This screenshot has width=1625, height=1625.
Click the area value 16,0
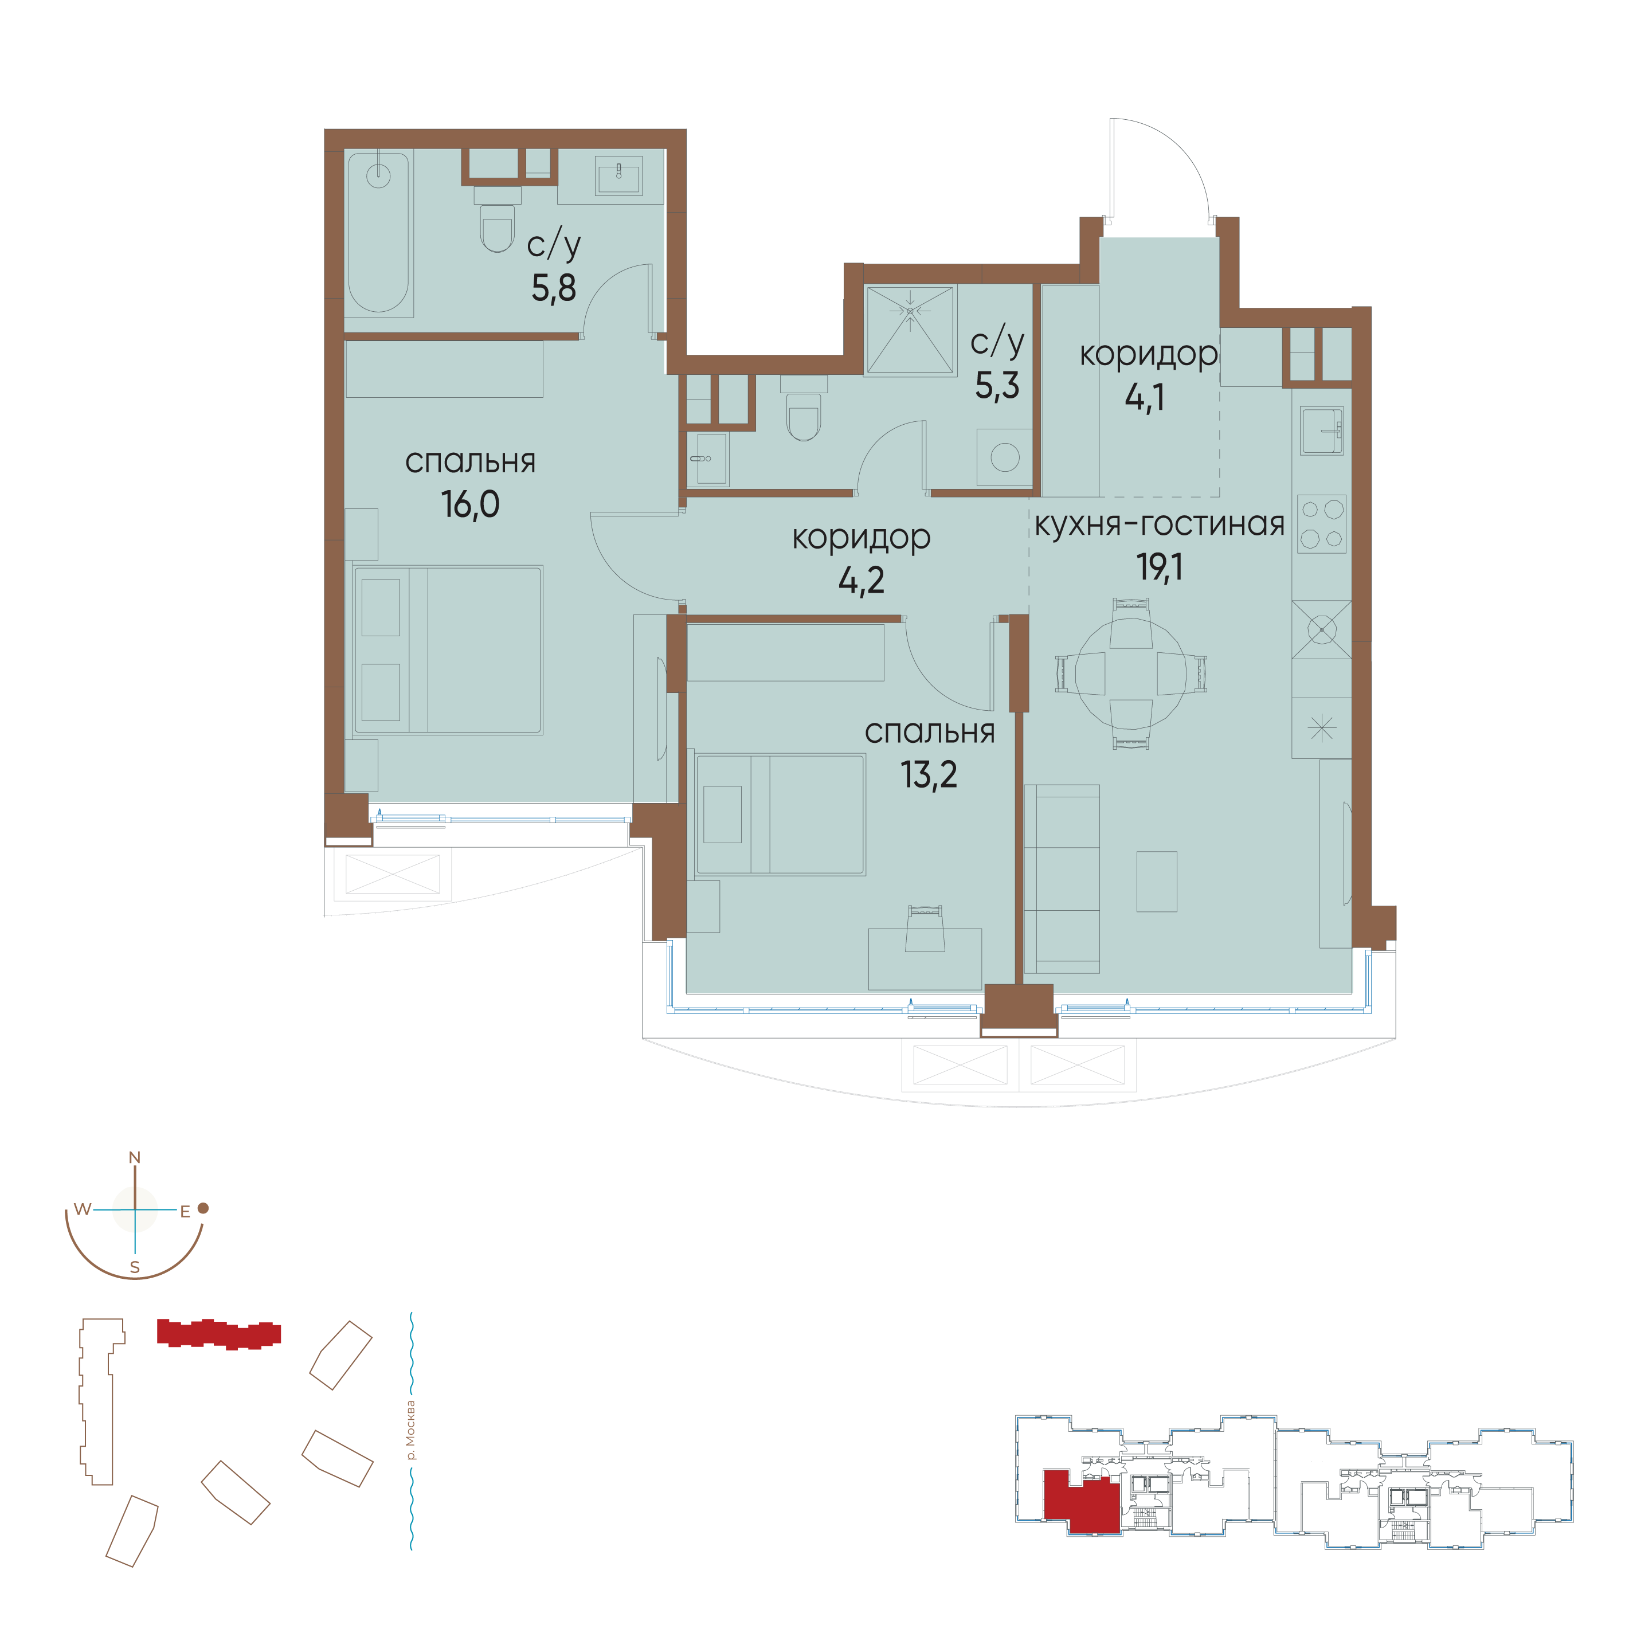pyautogui.click(x=470, y=504)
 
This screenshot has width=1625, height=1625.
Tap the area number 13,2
pyautogui.click(x=929, y=774)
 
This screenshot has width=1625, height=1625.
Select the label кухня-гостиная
pyautogui.click(x=1159, y=524)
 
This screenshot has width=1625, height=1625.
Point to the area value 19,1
pyautogui.click(x=1159, y=567)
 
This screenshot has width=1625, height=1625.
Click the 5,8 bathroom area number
pyautogui.click(x=554, y=288)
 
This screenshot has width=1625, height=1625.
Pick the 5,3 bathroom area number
pyautogui.click(x=997, y=385)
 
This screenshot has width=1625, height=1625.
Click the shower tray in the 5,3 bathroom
pyautogui.click(x=910, y=329)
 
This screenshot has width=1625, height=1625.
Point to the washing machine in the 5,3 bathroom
pyautogui.click(x=1004, y=457)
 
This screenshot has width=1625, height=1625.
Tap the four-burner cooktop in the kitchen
pyautogui.click(x=1321, y=523)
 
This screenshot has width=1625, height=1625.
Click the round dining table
pyautogui.click(x=1131, y=674)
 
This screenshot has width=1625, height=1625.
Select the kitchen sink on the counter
pyautogui.click(x=1321, y=430)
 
